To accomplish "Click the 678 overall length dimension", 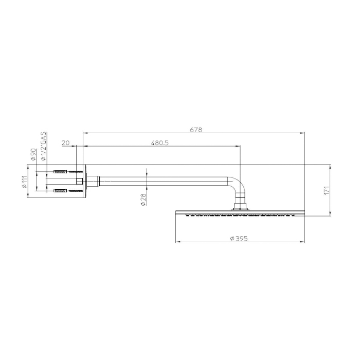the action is tap(196, 130).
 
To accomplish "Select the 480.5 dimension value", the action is tap(159, 143).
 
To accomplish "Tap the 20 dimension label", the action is tap(65, 143).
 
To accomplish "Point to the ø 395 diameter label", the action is tap(239, 238).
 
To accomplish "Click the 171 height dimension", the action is tap(327, 190).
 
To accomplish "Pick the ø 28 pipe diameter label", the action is tap(143, 200).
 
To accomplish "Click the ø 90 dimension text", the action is tap(33, 154).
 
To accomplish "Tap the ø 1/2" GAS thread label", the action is tap(43, 146).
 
